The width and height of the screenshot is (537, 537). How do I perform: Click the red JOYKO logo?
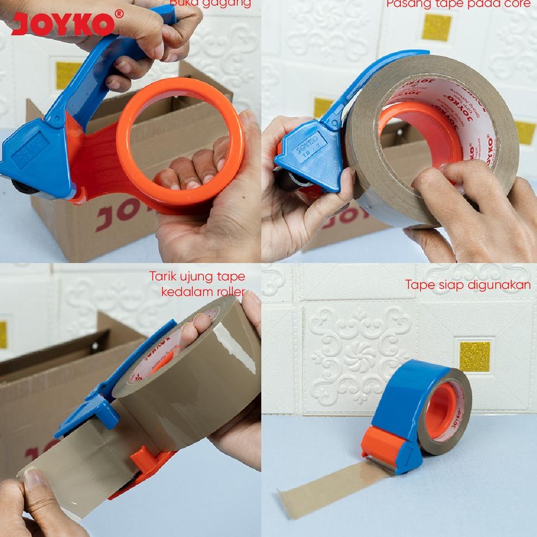pyautogui.click(x=63, y=24)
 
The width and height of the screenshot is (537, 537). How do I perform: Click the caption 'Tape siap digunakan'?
pyautogui.click(x=467, y=285)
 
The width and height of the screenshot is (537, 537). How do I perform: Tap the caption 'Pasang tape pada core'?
pyautogui.click(x=458, y=5)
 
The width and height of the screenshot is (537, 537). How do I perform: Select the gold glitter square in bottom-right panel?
pyautogui.click(x=475, y=356)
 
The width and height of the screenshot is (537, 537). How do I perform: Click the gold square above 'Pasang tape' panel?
pyautogui.click(x=436, y=28)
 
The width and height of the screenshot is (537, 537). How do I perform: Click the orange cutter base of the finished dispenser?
pyautogui.click(x=382, y=445)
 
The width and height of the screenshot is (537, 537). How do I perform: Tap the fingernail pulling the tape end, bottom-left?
pyautogui.click(x=34, y=478)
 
